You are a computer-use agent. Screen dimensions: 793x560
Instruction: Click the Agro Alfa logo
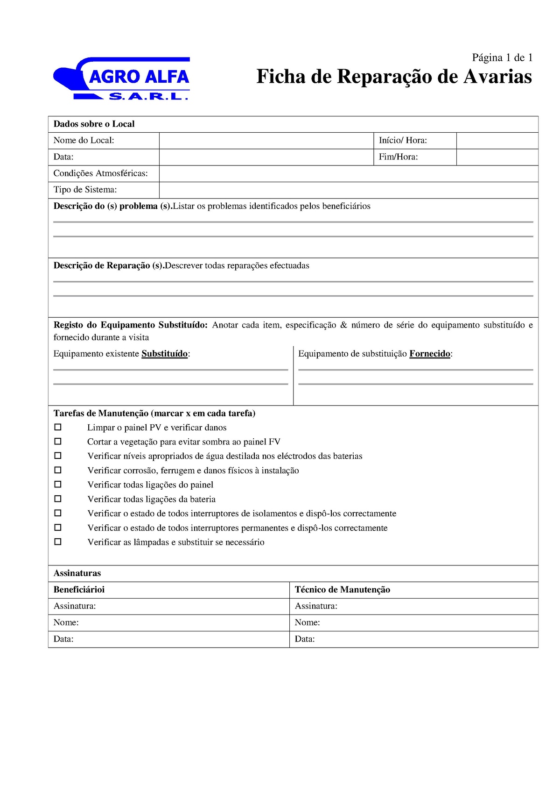(122, 79)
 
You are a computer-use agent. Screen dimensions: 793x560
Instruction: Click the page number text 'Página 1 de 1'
(502, 57)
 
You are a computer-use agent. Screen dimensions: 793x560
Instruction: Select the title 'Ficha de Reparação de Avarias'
(394, 77)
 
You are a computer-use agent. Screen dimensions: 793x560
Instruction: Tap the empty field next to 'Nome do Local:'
(266, 141)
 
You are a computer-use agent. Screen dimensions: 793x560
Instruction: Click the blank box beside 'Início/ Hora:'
(497, 141)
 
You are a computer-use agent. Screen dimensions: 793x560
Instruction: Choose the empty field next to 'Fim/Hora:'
(497, 157)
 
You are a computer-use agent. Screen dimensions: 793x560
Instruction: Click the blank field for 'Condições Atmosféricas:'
(348, 173)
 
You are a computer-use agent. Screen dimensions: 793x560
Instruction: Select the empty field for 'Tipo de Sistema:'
(348, 190)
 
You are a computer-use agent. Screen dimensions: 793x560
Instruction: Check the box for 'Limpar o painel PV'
(58, 427)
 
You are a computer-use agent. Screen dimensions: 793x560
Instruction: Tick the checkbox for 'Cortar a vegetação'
(58, 441)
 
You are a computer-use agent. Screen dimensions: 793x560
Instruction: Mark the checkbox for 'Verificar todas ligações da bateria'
(58, 499)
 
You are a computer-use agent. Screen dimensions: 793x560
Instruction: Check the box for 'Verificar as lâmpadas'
(58, 542)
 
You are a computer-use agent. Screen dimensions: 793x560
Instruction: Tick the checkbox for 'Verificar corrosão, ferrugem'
(58, 470)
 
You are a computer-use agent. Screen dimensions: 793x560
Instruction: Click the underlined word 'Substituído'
(165, 354)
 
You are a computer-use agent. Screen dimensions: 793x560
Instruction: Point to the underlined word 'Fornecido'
(430, 354)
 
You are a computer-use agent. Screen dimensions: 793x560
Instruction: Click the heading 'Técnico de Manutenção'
(343, 590)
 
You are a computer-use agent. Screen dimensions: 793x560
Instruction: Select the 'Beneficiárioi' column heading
(79, 590)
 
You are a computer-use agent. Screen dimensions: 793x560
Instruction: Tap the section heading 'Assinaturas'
(77, 573)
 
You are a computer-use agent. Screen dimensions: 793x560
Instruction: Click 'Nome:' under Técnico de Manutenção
(308, 622)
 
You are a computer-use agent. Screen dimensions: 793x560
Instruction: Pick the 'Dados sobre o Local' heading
(94, 124)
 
